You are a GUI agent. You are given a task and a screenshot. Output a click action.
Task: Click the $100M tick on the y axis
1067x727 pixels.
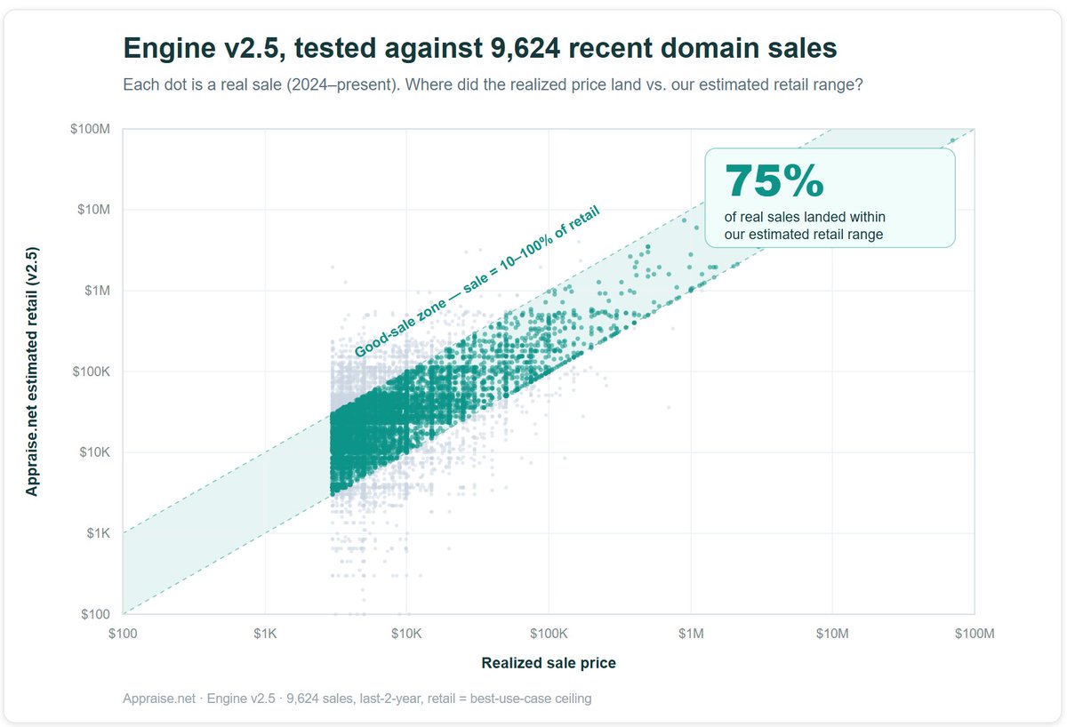90,129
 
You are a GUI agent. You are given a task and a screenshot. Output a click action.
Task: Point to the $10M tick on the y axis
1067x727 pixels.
94,210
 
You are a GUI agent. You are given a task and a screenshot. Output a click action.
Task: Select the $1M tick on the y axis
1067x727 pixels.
97,291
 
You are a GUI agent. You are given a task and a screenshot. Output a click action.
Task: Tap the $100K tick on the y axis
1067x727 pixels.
91,371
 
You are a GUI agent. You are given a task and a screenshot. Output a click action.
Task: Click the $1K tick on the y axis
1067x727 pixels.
98,533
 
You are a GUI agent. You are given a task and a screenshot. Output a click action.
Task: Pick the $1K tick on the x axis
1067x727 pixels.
265,634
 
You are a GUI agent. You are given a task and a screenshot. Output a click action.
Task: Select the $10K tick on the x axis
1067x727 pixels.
406,634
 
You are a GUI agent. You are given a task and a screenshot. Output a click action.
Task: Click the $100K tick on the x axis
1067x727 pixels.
549,634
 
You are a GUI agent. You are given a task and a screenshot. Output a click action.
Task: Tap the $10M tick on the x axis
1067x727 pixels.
832,634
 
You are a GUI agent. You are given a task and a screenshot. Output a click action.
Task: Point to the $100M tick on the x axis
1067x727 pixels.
975,634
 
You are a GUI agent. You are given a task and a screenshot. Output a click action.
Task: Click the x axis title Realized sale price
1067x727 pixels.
549,663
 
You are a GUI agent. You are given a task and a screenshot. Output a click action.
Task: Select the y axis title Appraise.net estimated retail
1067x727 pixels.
31,371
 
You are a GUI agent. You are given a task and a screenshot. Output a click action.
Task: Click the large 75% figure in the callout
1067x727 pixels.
774,180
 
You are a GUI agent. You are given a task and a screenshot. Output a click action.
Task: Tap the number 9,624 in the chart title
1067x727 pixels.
525,48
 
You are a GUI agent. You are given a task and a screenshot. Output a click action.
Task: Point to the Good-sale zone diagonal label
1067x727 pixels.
477,282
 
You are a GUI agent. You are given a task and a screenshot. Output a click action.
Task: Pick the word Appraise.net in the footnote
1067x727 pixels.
159,699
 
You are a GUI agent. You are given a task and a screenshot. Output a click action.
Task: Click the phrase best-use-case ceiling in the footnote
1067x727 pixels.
531,699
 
